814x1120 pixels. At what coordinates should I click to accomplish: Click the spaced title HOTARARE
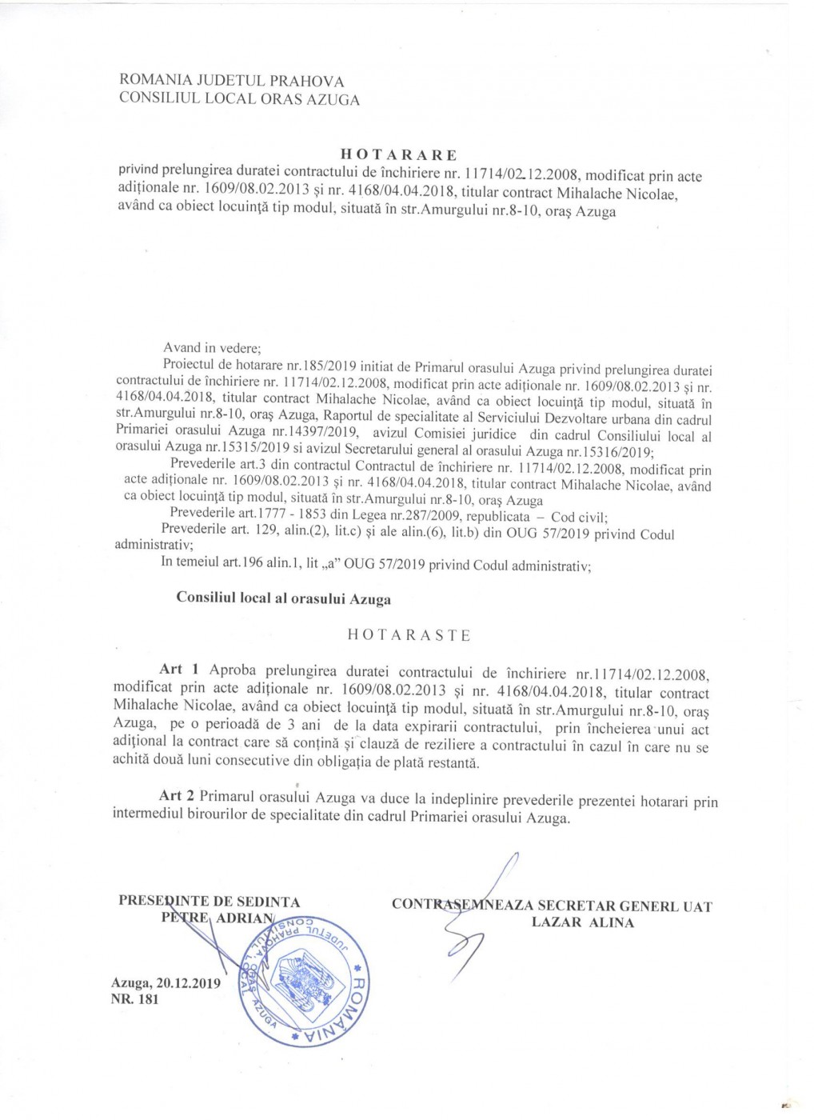point(398,154)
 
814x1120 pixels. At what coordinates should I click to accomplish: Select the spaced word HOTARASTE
point(409,635)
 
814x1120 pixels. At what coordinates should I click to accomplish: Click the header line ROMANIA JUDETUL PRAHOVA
point(231,81)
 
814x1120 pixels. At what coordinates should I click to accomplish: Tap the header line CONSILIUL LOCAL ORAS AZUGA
point(239,99)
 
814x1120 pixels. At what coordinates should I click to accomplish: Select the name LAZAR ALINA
point(582,922)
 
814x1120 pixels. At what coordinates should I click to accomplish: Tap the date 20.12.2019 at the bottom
point(190,983)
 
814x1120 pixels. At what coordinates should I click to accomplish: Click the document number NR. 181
point(135,999)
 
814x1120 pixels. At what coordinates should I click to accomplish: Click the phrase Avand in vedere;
point(212,348)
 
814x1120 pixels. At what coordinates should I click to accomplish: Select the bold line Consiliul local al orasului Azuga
point(283,598)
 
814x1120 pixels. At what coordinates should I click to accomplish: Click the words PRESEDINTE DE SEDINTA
point(209,901)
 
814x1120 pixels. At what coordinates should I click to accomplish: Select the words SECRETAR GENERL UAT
point(624,906)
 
